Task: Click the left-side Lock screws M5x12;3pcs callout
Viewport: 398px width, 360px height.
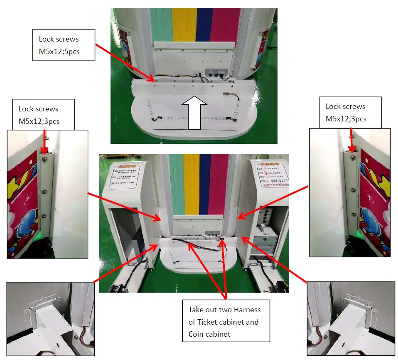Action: click(x=44, y=114)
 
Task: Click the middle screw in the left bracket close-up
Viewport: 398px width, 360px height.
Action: click(x=44, y=192)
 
